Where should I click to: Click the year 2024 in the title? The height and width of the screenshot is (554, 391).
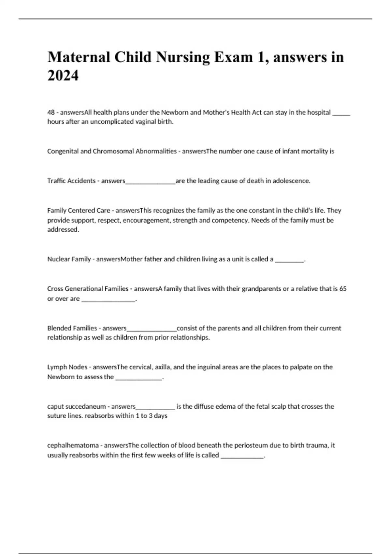pyautogui.click(x=63, y=76)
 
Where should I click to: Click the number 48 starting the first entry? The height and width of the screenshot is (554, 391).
pyautogui.click(x=51, y=112)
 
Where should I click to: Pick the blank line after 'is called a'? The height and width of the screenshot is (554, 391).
pyautogui.click(x=289, y=260)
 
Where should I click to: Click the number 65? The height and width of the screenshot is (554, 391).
pyautogui.click(x=343, y=289)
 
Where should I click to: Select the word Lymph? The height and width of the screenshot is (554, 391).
pyautogui.click(x=56, y=367)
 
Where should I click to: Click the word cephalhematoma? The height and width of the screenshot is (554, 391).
pyautogui.click(x=73, y=445)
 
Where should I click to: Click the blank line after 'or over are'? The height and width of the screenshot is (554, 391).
pyautogui.click(x=108, y=300)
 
